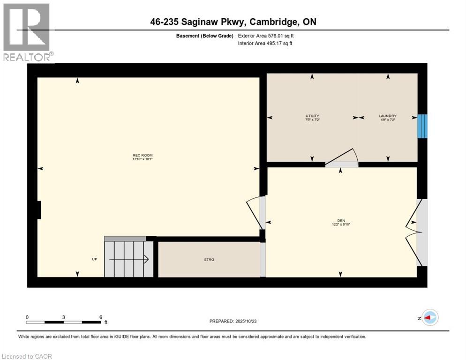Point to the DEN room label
(x=341, y=222)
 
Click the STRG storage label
(x=209, y=259)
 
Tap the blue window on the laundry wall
(x=422, y=126)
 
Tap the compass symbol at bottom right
(x=429, y=317)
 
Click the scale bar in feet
(x=64, y=322)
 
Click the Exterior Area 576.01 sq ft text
(x=266, y=36)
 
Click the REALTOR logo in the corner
(x=28, y=32)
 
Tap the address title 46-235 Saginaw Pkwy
(x=233, y=22)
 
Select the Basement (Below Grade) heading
(x=204, y=36)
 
